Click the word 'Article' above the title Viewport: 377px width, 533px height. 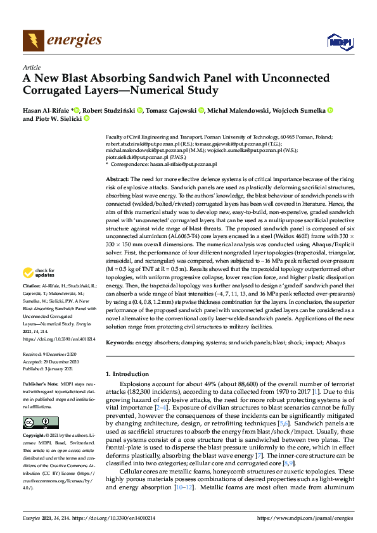pyautogui.click(x=31, y=66)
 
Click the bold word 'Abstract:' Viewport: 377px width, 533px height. pyautogui.click(x=117, y=180)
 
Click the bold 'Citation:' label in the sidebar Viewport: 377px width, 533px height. pyautogui.click(x=32, y=304)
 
